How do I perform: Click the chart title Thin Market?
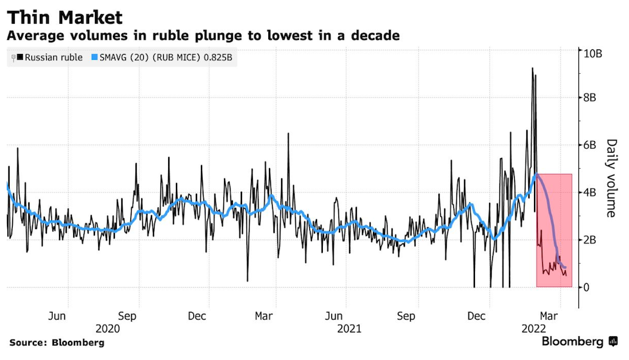click(x=65, y=17)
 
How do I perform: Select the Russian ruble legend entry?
click(x=50, y=57)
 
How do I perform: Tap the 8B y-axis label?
click(x=589, y=98)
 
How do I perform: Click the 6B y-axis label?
click(x=589, y=146)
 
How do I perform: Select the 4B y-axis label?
click(x=589, y=193)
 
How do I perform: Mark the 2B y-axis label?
click(x=589, y=240)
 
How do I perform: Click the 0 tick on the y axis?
click(x=586, y=287)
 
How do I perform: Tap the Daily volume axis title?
click(x=611, y=178)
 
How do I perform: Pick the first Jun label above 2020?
click(x=58, y=316)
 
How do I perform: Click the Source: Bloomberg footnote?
click(x=56, y=343)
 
